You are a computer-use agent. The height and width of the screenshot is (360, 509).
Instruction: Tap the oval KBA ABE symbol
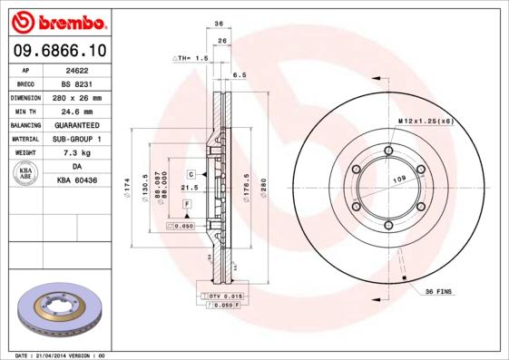25,174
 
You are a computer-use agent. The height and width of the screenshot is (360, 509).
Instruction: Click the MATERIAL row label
25,139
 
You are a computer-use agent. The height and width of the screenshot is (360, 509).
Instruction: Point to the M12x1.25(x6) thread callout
426,121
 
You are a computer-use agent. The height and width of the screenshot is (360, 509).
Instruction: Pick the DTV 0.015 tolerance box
220,297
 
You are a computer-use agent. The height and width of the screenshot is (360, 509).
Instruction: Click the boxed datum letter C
192,173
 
